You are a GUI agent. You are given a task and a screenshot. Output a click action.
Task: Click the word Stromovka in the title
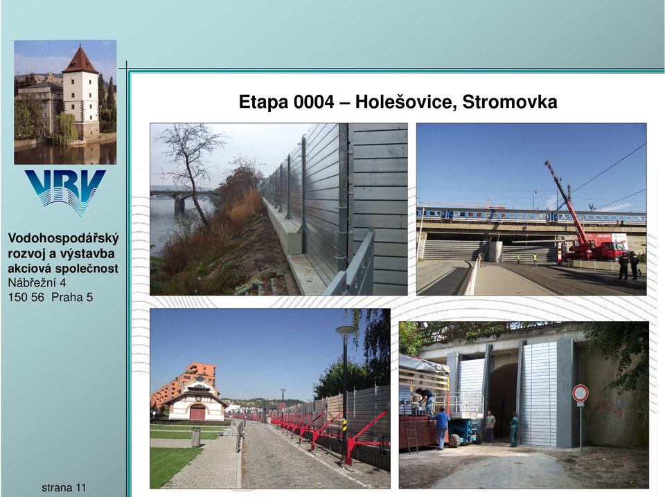(509, 102)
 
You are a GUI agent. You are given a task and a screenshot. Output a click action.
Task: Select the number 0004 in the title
(314, 102)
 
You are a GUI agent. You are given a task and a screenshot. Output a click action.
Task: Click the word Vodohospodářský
(64, 239)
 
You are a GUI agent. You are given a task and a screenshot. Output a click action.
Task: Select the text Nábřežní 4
(37, 282)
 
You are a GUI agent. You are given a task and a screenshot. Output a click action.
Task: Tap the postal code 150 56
(26, 297)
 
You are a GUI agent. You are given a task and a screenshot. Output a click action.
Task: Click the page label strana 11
(64, 488)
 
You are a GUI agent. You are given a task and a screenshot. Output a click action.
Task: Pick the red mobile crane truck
(587, 229)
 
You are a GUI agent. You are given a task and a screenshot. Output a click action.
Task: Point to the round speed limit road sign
(580, 393)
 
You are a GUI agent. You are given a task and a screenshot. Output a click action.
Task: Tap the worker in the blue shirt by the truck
(441, 428)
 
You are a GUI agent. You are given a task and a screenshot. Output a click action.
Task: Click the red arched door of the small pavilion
(197, 413)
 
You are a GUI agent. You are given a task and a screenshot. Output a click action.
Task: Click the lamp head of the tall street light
(346, 329)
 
